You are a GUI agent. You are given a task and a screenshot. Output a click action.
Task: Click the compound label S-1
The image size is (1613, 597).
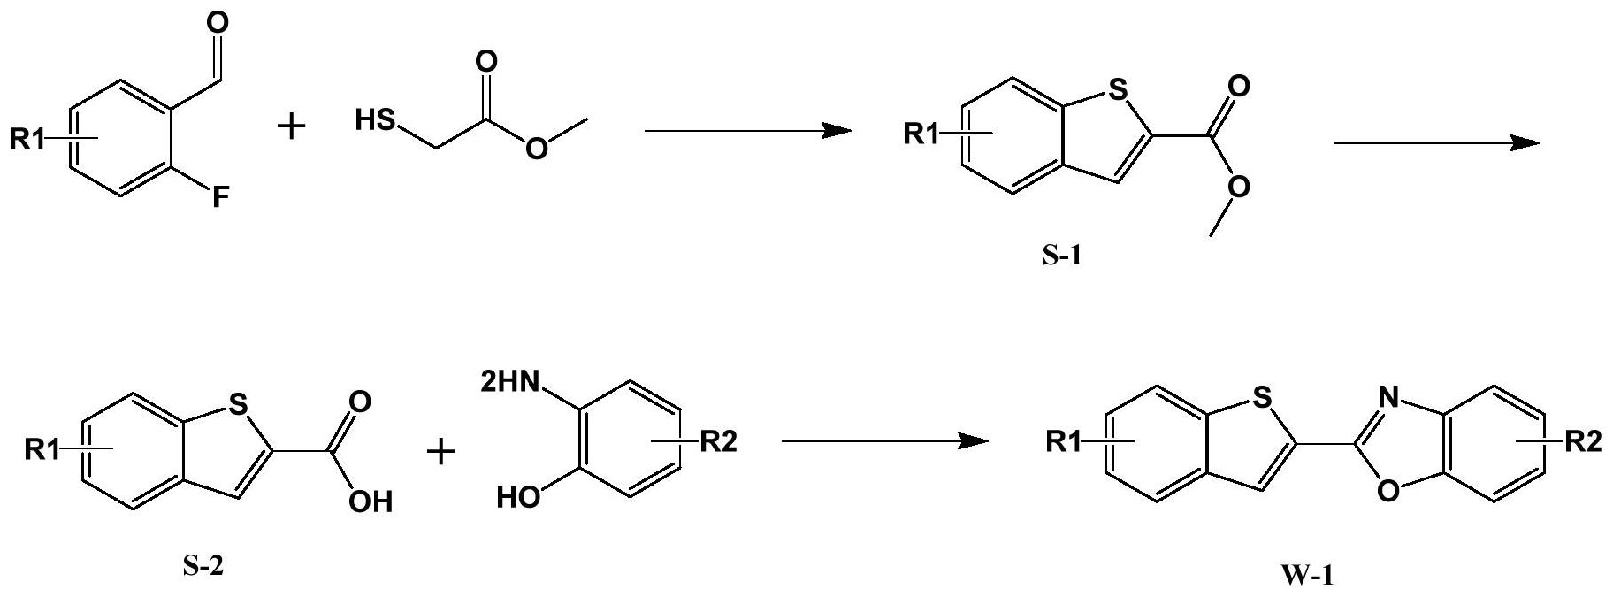(1061, 257)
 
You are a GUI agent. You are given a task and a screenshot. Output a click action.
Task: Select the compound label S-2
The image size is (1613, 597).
(203, 565)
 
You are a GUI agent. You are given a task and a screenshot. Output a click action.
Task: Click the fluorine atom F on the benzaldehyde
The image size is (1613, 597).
(218, 198)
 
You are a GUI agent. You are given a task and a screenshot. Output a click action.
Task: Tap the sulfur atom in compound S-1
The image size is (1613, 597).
(1117, 88)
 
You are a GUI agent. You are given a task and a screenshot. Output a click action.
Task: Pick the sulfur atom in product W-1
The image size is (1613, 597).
(1262, 399)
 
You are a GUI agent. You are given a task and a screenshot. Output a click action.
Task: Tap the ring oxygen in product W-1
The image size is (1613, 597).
(1388, 489)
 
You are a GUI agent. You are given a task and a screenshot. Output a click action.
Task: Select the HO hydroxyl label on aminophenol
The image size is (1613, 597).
(518, 499)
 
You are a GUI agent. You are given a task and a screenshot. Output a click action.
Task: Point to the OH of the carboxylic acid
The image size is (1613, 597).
(371, 501)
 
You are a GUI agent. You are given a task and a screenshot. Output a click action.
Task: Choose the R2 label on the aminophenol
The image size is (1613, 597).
(718, 441)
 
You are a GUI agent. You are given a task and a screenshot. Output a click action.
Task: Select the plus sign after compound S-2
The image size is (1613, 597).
(440, 453)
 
